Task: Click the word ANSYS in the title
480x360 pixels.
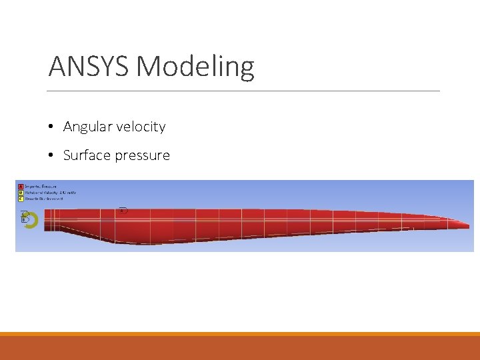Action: tap(89, 67)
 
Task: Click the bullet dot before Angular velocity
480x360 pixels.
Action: tap(51, 127)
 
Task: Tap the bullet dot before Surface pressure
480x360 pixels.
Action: tap(51, 155)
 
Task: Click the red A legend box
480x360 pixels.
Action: tap(21, 186)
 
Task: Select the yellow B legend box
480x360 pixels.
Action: tap(21, 192)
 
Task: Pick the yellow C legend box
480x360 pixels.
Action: tap(21, 198)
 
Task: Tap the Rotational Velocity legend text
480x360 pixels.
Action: tap(51, 192)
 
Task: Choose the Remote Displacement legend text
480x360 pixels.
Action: tap(45, 198)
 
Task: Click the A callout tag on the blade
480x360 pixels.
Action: tap(123, 211)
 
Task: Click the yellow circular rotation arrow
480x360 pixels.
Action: tap(31, 221)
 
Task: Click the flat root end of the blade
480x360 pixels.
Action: tap(45, 221)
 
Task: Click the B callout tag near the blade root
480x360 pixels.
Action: tap(25, 219)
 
